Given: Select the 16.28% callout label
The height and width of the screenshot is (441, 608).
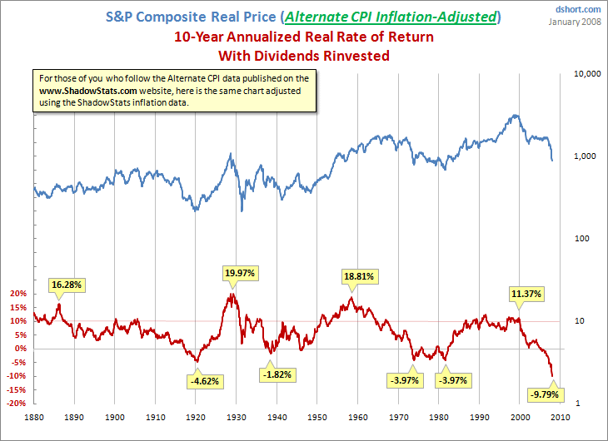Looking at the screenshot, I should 68,284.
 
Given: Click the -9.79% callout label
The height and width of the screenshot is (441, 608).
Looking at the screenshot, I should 540,394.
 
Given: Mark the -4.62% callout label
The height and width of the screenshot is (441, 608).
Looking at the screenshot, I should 205,381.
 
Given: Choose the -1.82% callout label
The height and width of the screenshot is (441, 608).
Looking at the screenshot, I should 277,374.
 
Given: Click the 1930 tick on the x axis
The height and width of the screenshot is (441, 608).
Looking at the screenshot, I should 237,417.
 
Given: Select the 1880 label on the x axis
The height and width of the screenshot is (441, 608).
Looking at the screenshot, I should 34,417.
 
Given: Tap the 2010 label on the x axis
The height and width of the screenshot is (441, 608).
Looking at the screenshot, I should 560,417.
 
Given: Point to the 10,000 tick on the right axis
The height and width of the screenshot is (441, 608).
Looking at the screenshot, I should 587,74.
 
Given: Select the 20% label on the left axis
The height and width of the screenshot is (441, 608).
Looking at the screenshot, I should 18,294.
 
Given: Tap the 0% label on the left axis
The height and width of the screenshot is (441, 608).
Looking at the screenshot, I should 21,349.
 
